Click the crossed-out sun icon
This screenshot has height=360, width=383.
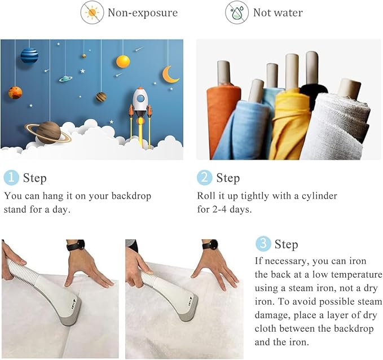(92, 12)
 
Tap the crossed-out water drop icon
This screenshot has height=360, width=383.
(237, 12)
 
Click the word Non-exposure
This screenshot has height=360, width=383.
(143, 13)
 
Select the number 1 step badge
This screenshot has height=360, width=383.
(11, 177)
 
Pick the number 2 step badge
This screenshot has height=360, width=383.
(204, 177)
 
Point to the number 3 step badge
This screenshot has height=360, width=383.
(263, 244)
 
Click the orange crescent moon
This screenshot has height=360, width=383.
(170, 74)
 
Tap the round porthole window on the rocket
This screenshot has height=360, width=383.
(140, 99)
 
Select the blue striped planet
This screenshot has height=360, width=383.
(29, 56)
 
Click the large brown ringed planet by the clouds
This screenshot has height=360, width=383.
(49, 133)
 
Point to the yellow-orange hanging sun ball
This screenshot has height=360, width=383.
(123, 62)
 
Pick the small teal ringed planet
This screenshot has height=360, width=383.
(65, 78)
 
